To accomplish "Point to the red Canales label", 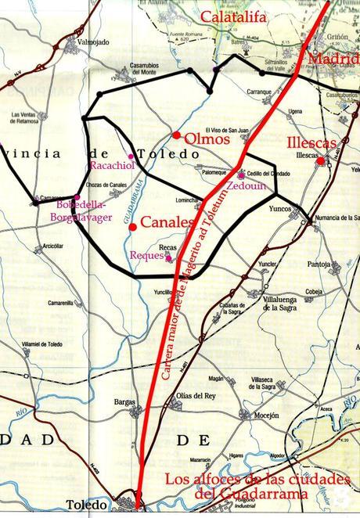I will pos(166,222).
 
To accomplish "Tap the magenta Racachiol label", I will pos(114,166).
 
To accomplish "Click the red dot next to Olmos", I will pos(178,135).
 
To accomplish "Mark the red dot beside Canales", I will pos(133,227).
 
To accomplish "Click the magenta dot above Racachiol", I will pos(131,156).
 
